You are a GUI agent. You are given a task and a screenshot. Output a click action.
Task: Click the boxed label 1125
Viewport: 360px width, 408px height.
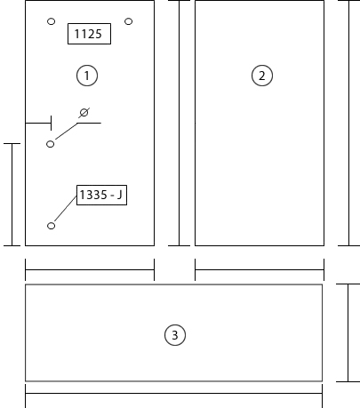(89, 34)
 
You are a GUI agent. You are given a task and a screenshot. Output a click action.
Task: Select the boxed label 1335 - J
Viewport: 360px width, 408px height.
(101, 195)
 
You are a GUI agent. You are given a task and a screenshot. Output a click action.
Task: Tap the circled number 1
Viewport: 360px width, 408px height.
(87, 76)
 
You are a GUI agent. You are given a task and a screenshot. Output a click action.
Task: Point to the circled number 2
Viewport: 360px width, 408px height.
(262, 76)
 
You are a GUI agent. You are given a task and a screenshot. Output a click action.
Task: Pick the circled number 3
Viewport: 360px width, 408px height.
(175, 335)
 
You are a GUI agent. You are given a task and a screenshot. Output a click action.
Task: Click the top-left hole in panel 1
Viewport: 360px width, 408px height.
(51, 21)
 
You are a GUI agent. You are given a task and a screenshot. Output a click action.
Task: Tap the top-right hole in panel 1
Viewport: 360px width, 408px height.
(128, 21)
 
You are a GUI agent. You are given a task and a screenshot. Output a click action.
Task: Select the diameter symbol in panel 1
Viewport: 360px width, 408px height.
(84, 113)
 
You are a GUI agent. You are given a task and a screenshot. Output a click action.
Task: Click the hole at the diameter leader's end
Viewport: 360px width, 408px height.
(51, 144)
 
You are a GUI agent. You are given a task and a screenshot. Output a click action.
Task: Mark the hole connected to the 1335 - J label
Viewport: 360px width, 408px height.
(51, 226)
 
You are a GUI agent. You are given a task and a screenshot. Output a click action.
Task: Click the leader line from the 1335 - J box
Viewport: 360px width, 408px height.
(66, 208)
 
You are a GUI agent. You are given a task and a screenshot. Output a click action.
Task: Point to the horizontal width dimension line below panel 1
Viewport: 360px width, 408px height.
(90, 270)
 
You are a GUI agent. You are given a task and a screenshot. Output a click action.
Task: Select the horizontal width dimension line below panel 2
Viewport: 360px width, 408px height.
(260, 270)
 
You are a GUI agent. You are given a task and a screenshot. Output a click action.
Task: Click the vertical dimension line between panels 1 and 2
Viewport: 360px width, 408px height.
(179, 123)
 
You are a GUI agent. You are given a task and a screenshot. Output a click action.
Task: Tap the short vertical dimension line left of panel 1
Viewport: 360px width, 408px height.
(12, 195)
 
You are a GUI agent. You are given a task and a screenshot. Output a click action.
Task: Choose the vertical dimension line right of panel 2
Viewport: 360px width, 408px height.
(348, 123)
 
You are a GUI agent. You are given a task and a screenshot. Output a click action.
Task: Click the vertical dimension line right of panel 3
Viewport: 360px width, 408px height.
(348, 332)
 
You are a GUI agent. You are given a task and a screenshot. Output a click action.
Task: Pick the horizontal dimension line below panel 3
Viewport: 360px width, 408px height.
(174, 394)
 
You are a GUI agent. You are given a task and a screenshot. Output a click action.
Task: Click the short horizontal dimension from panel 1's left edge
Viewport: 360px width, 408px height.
(38, 123)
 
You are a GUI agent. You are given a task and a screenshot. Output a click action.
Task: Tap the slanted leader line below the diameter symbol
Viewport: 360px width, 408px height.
(67, 131)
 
